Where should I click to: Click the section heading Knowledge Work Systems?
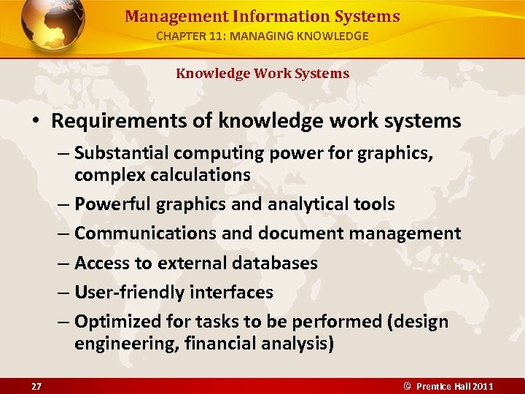coord(262,73)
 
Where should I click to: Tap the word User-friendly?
coord(130,292)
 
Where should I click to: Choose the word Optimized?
coord(115,321)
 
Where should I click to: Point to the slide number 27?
coord(36,385)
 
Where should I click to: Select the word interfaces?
coord(232,292)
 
